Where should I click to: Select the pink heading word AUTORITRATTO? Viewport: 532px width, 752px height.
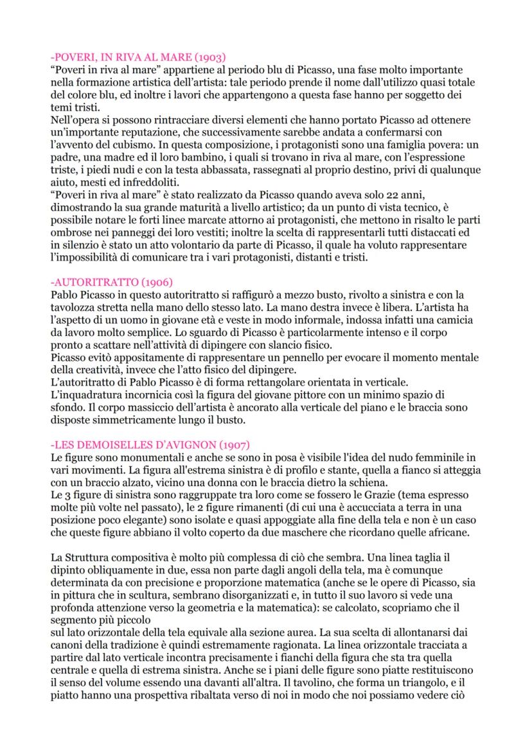[x=93, y=282]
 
